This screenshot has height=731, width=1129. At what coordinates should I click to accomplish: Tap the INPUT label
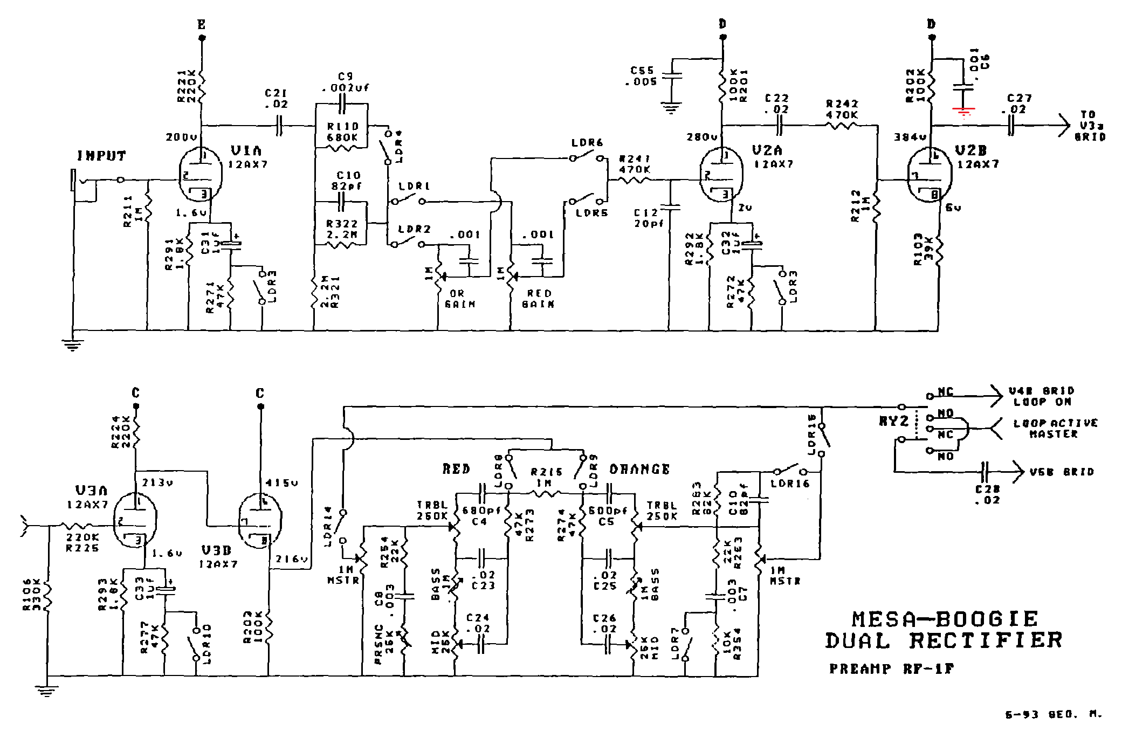pos(101,156)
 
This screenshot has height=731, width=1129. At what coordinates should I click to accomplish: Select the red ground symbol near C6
pos(963,112)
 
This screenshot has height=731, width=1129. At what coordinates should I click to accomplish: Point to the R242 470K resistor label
pos(842,109)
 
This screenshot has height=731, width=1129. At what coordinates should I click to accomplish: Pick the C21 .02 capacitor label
pos(276,99)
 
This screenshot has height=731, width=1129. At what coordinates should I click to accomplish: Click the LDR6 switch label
pos(587,143)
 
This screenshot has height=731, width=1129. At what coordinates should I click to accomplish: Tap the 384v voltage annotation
pos(910,137)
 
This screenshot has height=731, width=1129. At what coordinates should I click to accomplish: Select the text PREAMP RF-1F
pos(891,669)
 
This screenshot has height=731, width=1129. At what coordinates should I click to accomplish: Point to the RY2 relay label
pos(893,422)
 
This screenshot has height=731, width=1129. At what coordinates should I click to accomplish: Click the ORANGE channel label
pos(639,469)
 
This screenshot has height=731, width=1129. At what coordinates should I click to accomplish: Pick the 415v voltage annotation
pos(281,483)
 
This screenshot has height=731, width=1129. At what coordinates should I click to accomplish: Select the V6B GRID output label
pos(1062,472)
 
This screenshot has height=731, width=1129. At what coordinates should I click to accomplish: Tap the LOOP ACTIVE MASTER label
pos(1055,429)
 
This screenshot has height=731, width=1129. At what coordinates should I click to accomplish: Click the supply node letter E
pos(202,25)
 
